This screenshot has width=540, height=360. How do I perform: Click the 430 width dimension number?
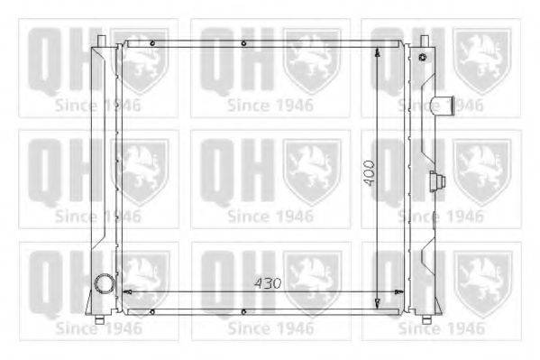[x=268, y=283]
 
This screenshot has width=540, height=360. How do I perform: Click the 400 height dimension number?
[x=370, y=172]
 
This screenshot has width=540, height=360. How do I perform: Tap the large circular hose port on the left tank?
[x=104, y=283]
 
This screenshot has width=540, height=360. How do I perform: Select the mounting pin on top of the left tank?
[x=101, y=42]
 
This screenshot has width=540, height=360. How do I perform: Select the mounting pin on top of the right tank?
[x=425, y=42]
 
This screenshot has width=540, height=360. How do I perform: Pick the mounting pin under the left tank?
[x=99, y=319]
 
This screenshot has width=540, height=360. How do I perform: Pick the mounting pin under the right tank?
[x=426, y=319]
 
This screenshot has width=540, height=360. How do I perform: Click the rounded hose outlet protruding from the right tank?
[x=443, y=105]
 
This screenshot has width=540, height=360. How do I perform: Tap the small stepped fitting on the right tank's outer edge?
[x=437, y=180]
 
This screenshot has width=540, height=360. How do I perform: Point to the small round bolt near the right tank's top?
[x=423, y=57]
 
